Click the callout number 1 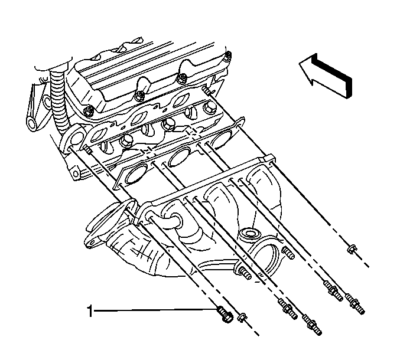[x=90, y=311]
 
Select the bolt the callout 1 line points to [x=225, y=315]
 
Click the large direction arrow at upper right [x=326, y=76]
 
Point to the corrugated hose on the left [x=60, y=99]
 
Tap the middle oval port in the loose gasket [x=180, y=157]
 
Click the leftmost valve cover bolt [x=89, y=111]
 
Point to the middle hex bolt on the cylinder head [x=168, y=124]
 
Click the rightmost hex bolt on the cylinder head [x=209, y=107]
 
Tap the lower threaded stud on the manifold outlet [x=245, y=273]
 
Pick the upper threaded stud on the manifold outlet [x=288, y=253]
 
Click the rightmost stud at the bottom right [x=355, y=304]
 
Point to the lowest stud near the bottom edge [x=312, y=325]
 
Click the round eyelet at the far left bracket [x=32, y=124]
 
